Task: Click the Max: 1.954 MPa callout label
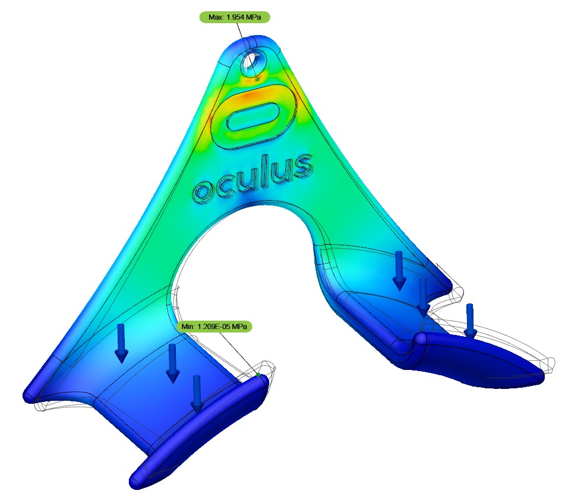pyautogui.click(x=235, y=17)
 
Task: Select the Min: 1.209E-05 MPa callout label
pyautogui.click(x=214, y=327)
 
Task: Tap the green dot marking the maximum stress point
pyautogui.click(x=257, y=78)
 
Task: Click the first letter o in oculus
pyautogui.click(x=203, y=191)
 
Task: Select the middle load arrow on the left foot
pyautogui.click(x=172, y=363)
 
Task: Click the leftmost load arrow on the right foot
pyautogui.click(x=399, y=270)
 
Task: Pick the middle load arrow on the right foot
pyautogui.click(x=422, y=297)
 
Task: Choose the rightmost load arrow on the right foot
pyautogui.click(x=470, y=320)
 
